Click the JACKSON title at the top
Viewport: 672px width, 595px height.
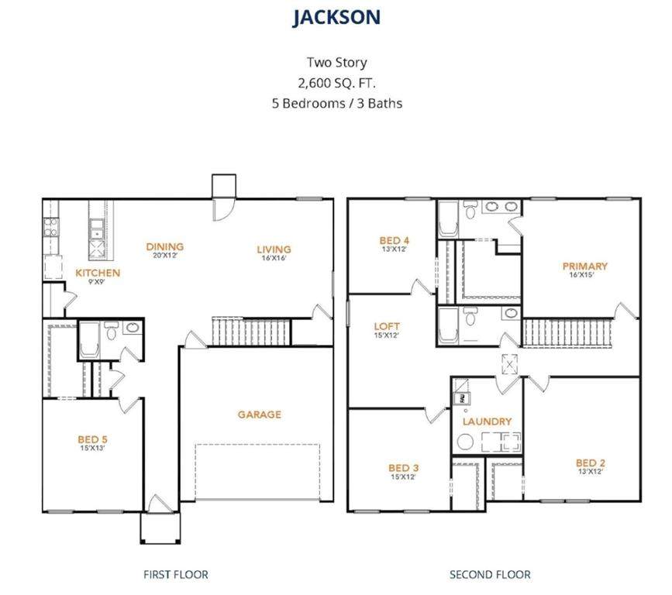click(336, 18)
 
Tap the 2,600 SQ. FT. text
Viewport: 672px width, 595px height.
click(337, 83)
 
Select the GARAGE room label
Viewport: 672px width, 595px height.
click(260, 414)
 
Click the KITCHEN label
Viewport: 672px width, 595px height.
click(98, 273)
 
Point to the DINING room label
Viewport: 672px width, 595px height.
click(165, 246)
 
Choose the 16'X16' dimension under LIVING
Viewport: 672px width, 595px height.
click(274, 258)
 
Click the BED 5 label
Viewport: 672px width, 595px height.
click(92, 439)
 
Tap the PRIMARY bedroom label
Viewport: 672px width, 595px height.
click(585, 266)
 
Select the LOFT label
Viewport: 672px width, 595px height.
click(387, 326)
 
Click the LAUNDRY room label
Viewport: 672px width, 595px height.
click(488, 421)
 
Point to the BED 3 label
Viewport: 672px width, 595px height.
click(404, 468)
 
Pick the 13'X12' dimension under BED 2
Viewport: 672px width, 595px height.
click(591, 472)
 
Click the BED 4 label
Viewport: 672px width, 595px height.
click(395, 240)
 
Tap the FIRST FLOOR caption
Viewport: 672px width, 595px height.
click(176, 574)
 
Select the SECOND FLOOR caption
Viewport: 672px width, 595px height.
click(490, 574)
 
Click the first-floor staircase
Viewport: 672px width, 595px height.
click(252, 332)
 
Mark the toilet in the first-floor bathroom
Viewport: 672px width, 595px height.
click(112, 331)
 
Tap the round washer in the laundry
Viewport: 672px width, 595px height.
click(465, 442)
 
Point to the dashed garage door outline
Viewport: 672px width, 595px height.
click(257, 472)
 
